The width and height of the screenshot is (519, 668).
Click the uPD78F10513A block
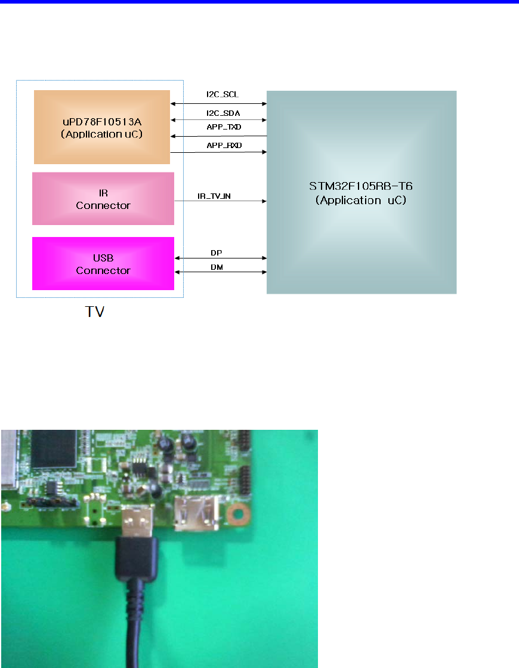(x=102, y=127)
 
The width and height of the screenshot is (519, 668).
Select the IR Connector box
(x=103, y=199)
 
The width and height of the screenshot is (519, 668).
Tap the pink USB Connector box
(x=103, y=263)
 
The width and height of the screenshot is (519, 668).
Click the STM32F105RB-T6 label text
(x=361, y=186)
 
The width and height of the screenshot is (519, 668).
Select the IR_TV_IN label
(x=214, y=195)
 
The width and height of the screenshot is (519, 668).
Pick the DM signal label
(x=217, y=267)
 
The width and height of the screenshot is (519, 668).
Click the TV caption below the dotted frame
(x=94, y=312)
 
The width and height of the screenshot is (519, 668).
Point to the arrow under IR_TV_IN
(x=220, y=202)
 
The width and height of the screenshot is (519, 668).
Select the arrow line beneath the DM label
(x=220, y=273)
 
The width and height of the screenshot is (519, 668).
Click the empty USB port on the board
(x=194, y=516)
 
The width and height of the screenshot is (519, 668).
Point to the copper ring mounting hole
(x=238, y=513)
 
